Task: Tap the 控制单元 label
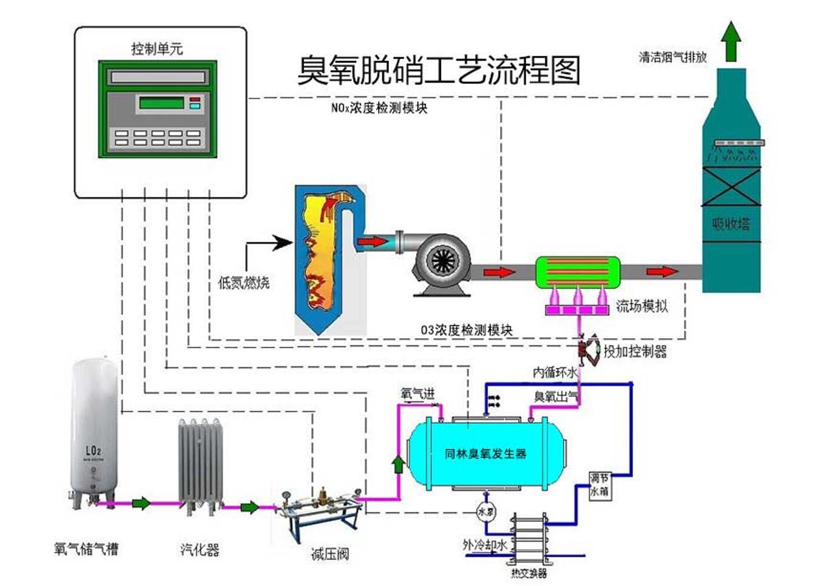(x=157, y=49)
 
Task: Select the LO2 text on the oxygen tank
(x=93, y=451)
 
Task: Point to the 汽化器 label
(x=200, y=550)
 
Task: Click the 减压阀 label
(x=330, y=553)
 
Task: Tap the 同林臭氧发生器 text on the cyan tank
(x=485, y=454)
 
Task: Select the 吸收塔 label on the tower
(x=731, y=223)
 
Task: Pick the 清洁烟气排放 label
(x=672, y=57)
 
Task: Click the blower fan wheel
(x=443, y=262)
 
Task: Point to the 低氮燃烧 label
(x=243, y=282)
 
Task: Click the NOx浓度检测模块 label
(x=379, y=108)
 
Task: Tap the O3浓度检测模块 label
(x=466, y=330)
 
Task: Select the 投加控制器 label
(x=635, y=351)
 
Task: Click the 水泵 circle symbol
(x=485, y=512)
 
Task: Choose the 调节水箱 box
(x=599, y=485)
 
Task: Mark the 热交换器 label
(x=529, y=573)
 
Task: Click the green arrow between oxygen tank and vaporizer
(x=141, y=503)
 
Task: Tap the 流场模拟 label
(x=641, y=305)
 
